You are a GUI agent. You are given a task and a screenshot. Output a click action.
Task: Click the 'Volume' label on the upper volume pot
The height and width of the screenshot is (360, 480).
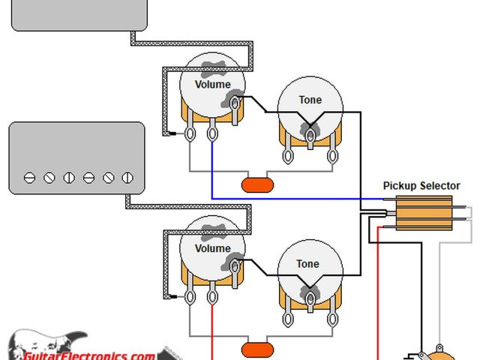coord(213,85)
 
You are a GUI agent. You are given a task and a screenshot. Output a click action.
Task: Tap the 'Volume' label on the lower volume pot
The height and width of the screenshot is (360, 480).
coord(213,248)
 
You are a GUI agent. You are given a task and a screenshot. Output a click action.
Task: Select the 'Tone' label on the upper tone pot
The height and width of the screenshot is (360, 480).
coord(310,100)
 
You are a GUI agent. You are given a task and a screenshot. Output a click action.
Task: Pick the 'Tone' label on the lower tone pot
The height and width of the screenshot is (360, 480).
coord(307,264)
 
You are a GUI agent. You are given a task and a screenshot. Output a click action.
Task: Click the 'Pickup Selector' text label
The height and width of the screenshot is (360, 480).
coord(421,186)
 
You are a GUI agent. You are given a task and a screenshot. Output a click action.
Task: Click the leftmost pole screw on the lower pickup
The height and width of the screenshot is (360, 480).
coord(29,178)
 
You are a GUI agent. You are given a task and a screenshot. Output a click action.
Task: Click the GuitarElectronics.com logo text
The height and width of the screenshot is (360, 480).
coord(90,355)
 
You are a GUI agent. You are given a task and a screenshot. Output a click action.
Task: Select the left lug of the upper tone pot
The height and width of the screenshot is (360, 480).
coord(288,156)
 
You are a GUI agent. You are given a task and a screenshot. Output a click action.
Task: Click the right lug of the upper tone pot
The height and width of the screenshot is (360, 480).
coord(331,156)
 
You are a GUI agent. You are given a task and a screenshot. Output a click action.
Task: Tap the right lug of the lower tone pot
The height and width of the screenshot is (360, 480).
coord(330,320)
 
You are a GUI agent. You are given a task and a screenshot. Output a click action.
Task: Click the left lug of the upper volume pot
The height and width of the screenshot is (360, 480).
coord(191,133)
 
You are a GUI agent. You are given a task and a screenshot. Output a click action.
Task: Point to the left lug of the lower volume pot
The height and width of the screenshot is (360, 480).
coord(191,298)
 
